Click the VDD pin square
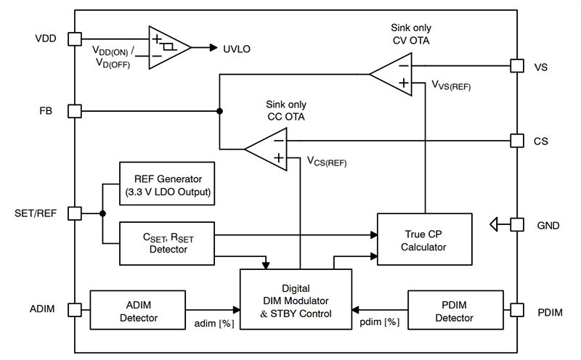pos(74,38)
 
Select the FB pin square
pos(74,111)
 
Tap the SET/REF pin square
pos(74,213)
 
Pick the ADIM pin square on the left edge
pos(74,310)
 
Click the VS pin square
pos(516,66)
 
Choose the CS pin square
pos(516,141)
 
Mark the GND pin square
pos(516,225)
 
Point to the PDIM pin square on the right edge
pos(516,310)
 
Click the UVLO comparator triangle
pos(167,47)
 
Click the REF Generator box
pos(168,184)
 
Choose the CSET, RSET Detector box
pos(168,242)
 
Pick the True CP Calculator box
pos(424,240)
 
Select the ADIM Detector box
pos(134,310)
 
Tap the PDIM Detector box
pos(455,310)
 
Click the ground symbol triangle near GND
pos(496,225)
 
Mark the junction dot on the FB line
pos(219,111)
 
